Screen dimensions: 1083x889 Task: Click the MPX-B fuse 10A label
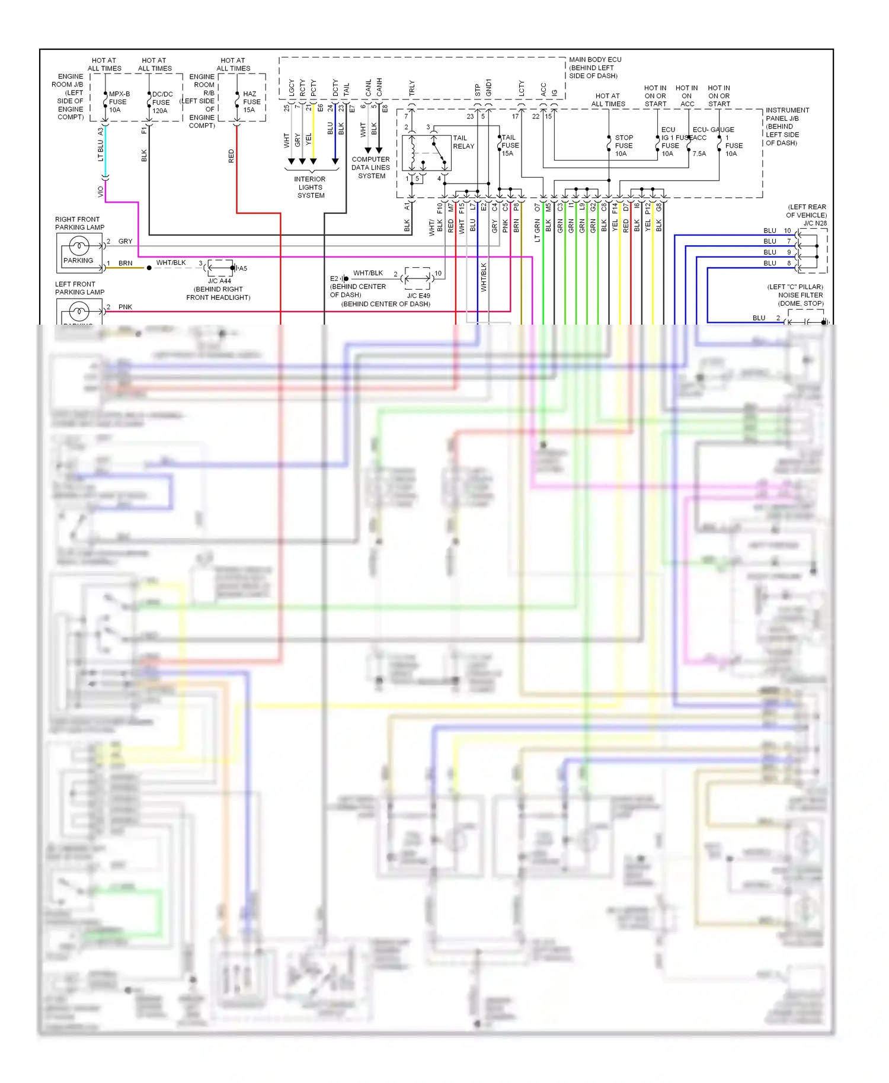(x=118, y=102)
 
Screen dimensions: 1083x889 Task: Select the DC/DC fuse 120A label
(x=162, y=102)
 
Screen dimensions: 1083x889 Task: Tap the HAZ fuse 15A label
(x=251, y=102)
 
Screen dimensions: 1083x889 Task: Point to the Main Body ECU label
(x=594, y=68)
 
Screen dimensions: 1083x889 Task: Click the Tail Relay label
(x=463, y=142)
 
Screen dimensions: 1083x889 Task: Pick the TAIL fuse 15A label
(x=509, y=145)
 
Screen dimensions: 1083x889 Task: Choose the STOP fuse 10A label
(x=623, y=146)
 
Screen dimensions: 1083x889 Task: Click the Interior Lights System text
(x=310, y=187)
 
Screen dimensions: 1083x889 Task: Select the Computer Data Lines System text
(x=371, y=168)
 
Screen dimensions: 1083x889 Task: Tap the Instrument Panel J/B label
(x=786, y=126)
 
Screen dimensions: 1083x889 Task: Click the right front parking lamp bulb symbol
(x=79, y=245)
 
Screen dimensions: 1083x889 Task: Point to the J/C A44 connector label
(x=219, y=281)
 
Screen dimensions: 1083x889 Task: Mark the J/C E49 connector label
(x=418, y=296)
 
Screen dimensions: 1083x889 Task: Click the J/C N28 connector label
(x=815, y=223)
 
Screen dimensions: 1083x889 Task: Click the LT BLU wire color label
(x=100, y=150)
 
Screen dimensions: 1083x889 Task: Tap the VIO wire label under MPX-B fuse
(x=100, y=192)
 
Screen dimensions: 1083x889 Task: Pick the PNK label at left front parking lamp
(x=125, y=307)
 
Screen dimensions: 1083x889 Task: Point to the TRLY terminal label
(x=411, y=88)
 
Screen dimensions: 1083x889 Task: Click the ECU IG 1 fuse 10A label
(x=669, y=142)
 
